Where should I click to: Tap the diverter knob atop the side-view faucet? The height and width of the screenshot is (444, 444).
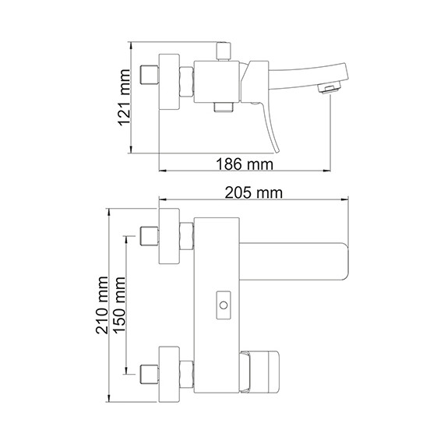pos(220,51)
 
